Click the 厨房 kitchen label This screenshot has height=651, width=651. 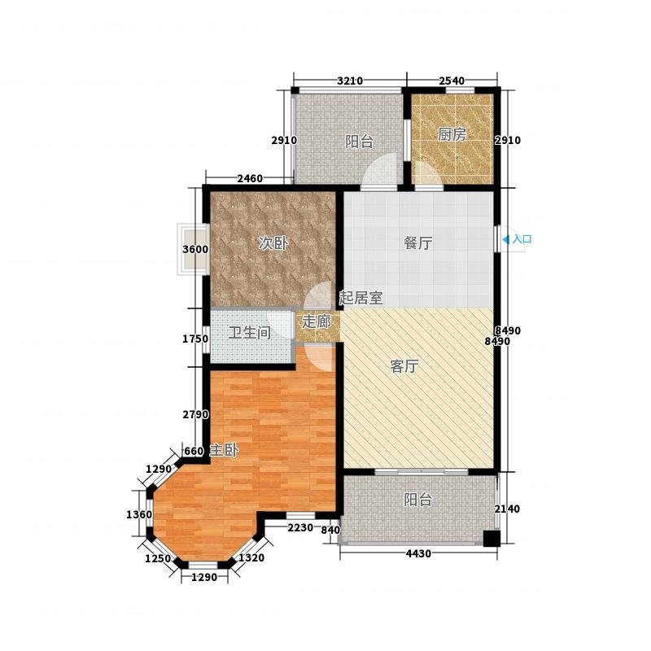click(452, 134)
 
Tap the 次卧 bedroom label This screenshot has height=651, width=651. click(273, 243)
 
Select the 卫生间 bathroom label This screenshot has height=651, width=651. click(249, 333)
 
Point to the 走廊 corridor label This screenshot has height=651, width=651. click(317, 321)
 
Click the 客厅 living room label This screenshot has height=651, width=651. click(404, 366)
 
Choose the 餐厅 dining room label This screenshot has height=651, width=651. click(418, 243)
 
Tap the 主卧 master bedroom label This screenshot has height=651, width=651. click(224, 450)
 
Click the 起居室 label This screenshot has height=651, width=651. click(360, 298)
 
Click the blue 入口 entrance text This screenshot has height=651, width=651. click(522, 239)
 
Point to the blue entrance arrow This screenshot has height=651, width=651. click(505, 239)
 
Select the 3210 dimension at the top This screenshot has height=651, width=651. click(350, 81)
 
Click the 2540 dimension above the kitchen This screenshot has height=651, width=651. click(452, 81)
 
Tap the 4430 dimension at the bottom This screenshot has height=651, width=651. click(418, 553)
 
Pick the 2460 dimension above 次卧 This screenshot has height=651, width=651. click(250, 178)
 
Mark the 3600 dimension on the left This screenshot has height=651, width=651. click(195, 250)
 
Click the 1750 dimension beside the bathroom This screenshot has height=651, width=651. click(195, 339)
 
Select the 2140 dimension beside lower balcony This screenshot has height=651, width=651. click(507, 509)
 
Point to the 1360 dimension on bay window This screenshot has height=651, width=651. click(139, 515)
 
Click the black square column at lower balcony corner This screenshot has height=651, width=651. click(492, 539)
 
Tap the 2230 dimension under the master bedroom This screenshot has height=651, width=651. click(300, 527)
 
